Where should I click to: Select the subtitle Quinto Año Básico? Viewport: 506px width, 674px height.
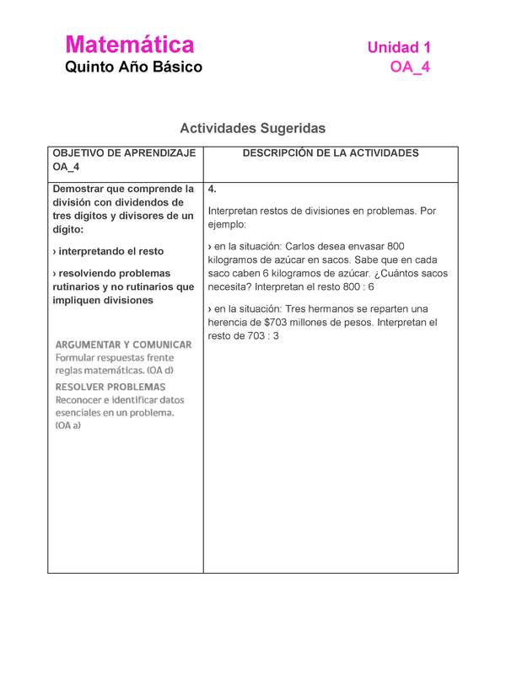[x=134, y=67]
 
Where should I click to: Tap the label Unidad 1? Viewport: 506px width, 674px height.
[x=398, y=47]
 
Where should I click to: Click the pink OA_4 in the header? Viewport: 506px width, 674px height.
[x=410, y=67]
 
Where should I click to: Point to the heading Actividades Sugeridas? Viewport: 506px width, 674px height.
[x=252, y=128]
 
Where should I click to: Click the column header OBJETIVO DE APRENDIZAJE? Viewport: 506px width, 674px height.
[x=124, y=153]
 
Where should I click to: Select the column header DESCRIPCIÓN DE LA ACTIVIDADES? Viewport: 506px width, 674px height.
[x=331, y=153]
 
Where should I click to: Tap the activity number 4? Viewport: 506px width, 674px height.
[x=212, y=190]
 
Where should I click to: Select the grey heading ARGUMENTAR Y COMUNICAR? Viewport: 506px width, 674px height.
[x=123, y=345]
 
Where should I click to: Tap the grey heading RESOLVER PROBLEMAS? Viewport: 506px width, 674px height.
[x=110, y=387]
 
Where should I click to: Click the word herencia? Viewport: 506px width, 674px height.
[x=229, y=323]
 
